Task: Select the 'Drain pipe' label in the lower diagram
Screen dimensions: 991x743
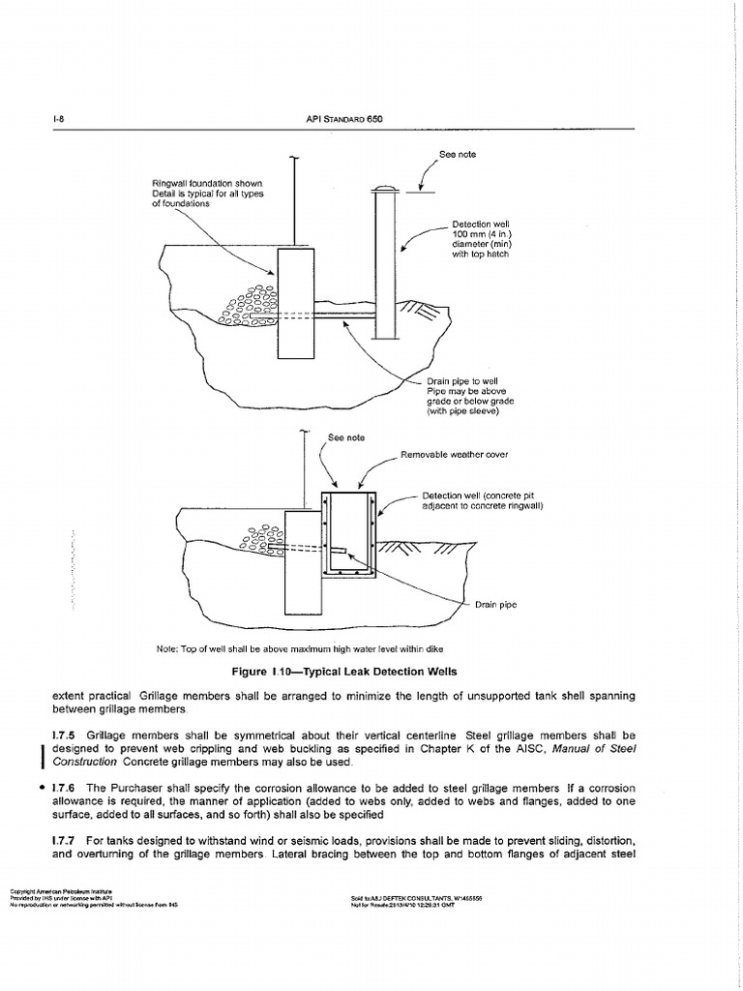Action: [496, 605]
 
